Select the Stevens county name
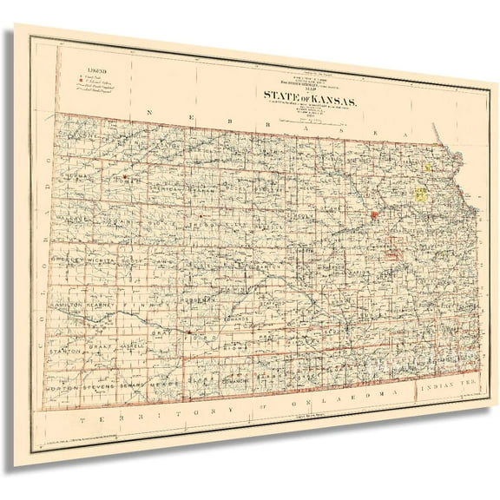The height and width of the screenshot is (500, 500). pyautogui.click(x=105, y=387)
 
